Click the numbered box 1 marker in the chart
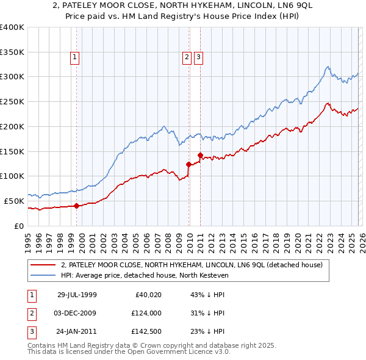pyautogui.click(x=74, y=58)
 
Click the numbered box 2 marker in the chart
pyautogui.click(x=187, y=58)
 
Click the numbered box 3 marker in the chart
pyautogui.click(x=199, y=58)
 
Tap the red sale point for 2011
pyautogui.click(x=201, y=155)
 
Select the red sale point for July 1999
pyautogui.click(x=77, y=206)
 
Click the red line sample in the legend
pyautogui.click(x=43, y=265)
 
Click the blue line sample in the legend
pyautogui.click(x=43, y=275)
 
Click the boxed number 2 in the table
pyautogui.click(x=32, y=313)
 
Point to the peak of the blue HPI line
pyautogui.click(x=328, y=67)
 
